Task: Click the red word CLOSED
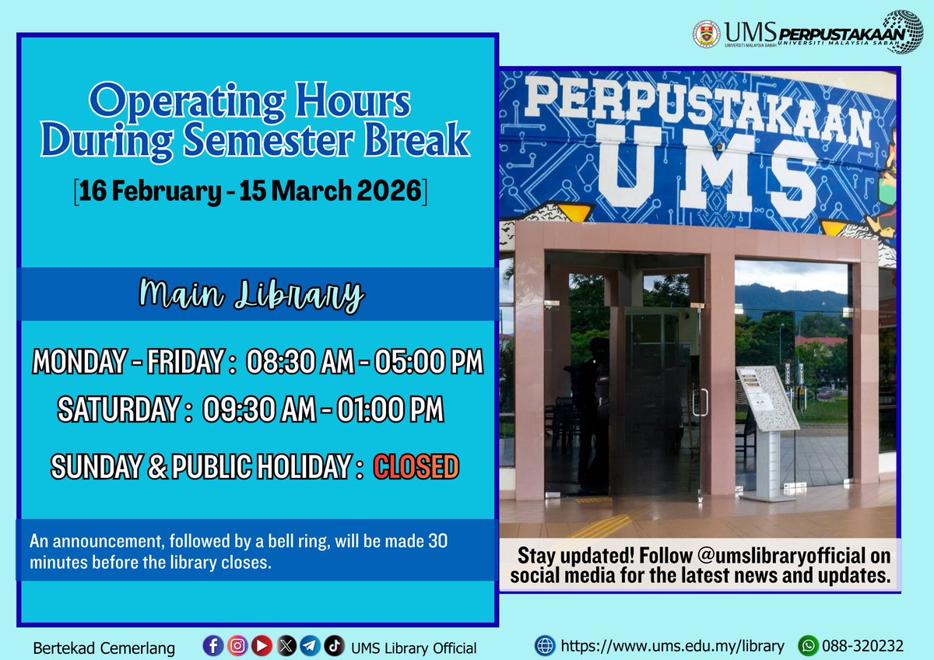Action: [x=416, y=467]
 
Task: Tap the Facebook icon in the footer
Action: [x=212, y=645]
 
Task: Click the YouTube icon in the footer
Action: [x=262, y=645]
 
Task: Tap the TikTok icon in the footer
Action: [x=334, y=645]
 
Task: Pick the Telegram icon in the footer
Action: [x=310, y=645]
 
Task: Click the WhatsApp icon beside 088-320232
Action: [x=809, y=646]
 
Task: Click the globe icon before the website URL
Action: [x=545, y=646]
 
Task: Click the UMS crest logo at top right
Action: [x=706, y=33]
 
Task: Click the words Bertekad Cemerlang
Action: [x=104, y=648]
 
